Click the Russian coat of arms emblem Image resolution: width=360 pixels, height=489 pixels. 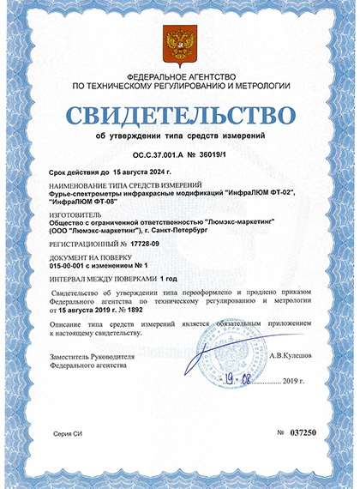pos(180,42)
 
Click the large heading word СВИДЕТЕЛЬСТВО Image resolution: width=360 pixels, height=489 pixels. pos(180,113)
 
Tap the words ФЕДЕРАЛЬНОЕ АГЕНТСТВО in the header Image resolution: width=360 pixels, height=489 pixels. pos(180,76)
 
